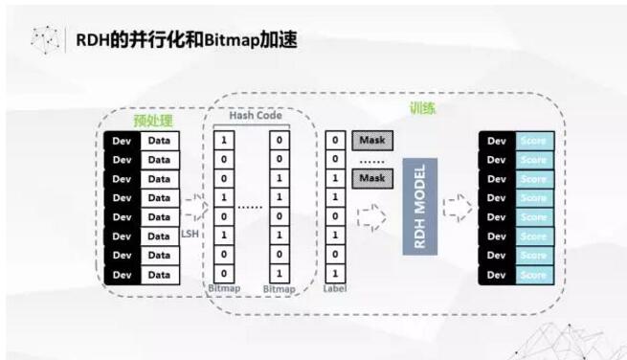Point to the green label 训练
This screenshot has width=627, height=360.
tap(422, 108)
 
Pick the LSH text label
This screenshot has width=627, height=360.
tap(191, 232)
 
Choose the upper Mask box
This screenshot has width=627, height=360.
tap(371, 140)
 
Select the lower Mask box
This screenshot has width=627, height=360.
tap(371, 178)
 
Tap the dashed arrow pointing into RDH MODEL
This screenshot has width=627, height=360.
tap(371, 215)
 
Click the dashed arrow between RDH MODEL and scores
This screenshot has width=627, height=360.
tap(458, 206)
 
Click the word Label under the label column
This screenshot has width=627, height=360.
tap(334, 288)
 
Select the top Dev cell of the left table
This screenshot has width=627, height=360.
tap(122, 141)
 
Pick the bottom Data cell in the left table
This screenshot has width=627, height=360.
tap(160, 275)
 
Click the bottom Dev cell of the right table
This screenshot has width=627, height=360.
tap(496, 275)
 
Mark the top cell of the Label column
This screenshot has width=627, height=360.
tap(334, 141)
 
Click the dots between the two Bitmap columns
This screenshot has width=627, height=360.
tap(251, 206)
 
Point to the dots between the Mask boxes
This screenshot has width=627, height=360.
tap(371, 160)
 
